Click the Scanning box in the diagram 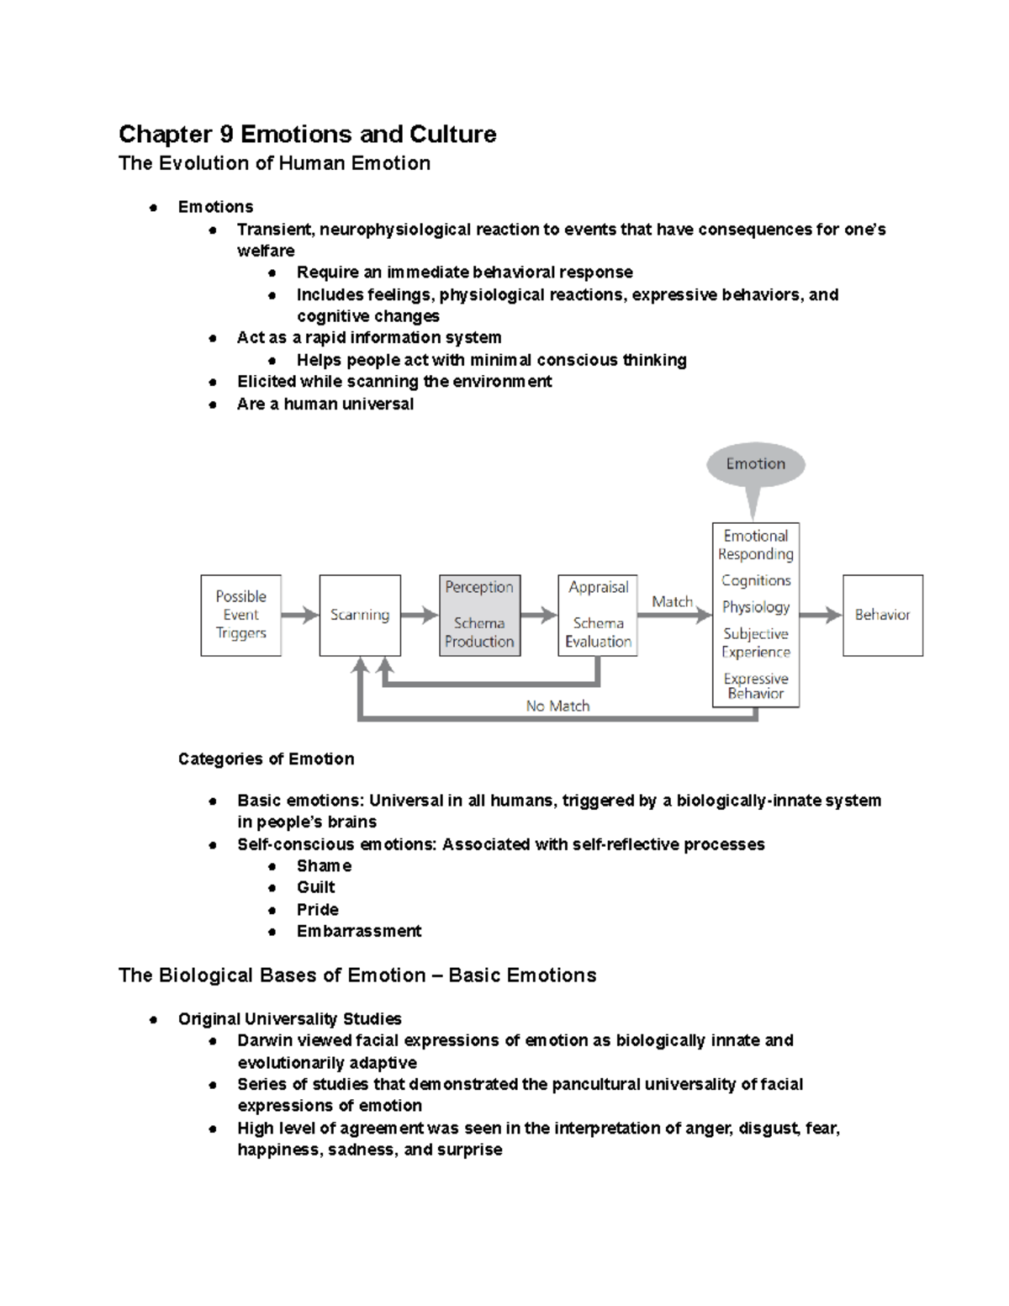pyautogui.click(x=360, y=615)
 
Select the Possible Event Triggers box pyautogui.click(x=240, y=615)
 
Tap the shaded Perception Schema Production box pyautogui.click(x=479, y=615)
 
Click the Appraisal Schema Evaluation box pyautogui.click(x=598, y=615)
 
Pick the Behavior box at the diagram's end pyautogui.click(x=882, y=615)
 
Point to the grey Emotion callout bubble pyautogui.click(x=755, y=464)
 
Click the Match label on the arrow pyautogui.click(x=672, y=601)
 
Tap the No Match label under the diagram pyautogui.click(x=557, y=706)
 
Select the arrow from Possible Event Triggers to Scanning pyautogui.click(x=299, y=615)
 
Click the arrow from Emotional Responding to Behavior pyautogui.click(x=820, y=615)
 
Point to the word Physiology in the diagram pyautogui.click(x=755, y=607)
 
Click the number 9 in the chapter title pyautogui.click(x=226, y=135)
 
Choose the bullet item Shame pyautogui.click(x=324, y=866)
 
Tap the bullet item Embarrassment pyautogui.click(x=358, y=931)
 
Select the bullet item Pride pyautogui.click(x=317, y=910)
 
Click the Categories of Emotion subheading pyautogui.click(x=266, y=759)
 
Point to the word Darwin pyautogui.click(x=263, y=1041)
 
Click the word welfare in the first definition pyautogui.click(x=266, y=251)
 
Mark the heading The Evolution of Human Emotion pyautogui.click(x=274, y=163)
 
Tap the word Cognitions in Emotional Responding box pyautogui.click(x=755, y=580)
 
